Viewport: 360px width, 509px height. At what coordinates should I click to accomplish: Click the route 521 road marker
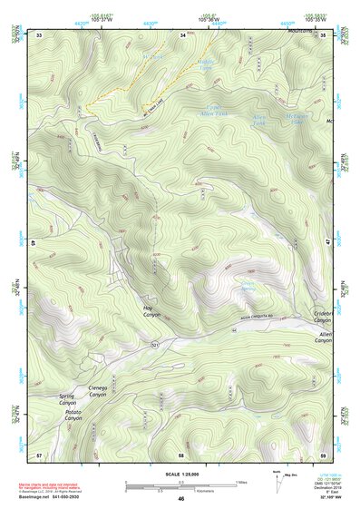point(155,347)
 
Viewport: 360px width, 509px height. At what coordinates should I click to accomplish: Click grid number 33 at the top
point(40,34)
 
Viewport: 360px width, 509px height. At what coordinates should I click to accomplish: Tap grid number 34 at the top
point(182,34)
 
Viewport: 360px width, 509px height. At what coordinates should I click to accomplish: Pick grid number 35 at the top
point(324,34)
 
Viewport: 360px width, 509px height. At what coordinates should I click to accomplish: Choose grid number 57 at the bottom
point(39,454)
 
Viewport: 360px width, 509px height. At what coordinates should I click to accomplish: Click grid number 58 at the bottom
point(181,454)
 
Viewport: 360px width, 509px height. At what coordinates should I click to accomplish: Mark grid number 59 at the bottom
point(323,454)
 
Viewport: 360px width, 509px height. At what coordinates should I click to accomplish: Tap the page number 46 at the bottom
point(180,498)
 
